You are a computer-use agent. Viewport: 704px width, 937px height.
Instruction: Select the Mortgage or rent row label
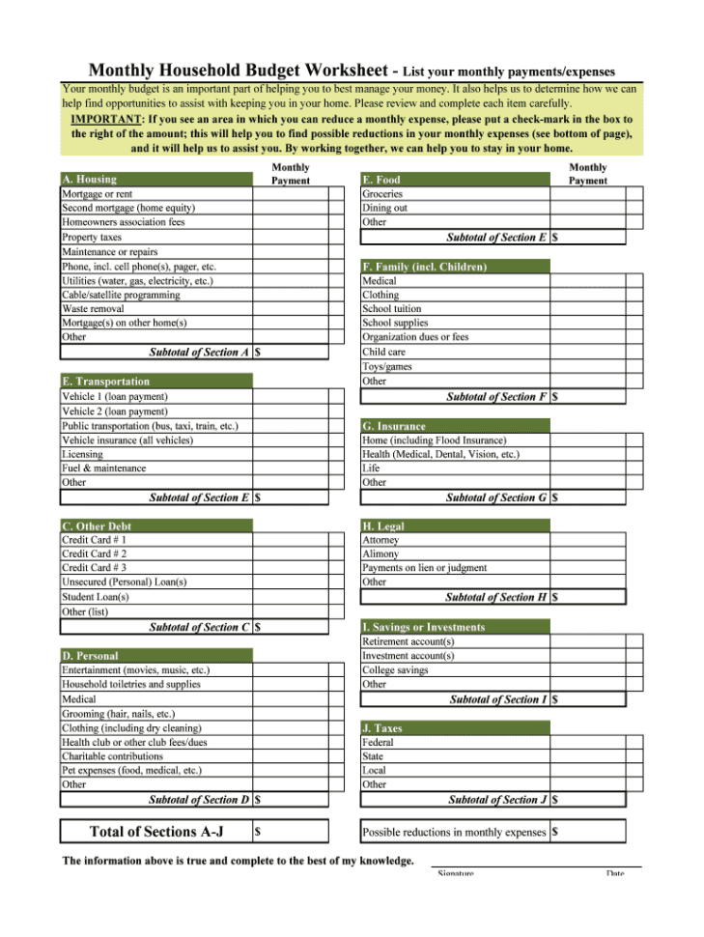coord(98,193)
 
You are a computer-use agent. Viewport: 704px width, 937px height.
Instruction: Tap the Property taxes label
coord(92,237)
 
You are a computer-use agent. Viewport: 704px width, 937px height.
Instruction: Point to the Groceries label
coord(382,193)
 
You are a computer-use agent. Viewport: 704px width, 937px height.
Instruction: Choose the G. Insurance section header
coord(394,426)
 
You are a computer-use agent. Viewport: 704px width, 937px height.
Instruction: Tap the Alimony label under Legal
coord(380,554)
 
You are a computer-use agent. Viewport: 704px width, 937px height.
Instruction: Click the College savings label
coord(395,670)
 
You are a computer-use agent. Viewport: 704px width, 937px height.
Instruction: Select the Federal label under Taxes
coord(378,743)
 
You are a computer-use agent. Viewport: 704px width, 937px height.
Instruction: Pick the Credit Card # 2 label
coord(94,554)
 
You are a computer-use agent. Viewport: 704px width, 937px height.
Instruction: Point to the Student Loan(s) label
coord(96,597)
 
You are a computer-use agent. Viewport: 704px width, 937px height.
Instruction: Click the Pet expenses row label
coord(131,771)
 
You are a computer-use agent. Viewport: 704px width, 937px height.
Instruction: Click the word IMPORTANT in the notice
coord(106,119)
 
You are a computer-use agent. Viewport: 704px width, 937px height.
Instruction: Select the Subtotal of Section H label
coord(496,597)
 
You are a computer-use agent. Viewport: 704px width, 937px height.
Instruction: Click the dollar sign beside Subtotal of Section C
coord(258,627)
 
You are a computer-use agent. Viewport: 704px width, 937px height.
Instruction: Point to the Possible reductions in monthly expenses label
coord(454,832)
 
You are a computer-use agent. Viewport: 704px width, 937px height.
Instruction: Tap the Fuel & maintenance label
coord(104,468)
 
